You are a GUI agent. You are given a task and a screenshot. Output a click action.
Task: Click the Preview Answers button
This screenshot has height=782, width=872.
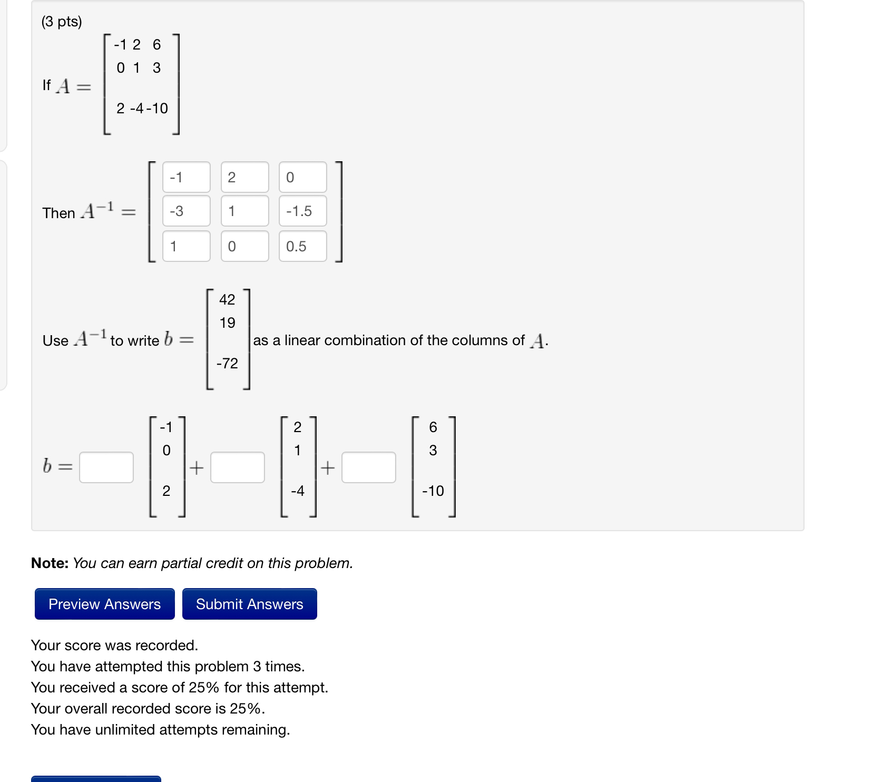tap(104, 604)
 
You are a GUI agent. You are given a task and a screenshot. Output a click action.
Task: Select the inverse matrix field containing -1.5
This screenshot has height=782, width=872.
tap(302, 211)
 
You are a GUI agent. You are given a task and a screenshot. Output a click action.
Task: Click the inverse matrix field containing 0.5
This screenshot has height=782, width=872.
tap(302, 246)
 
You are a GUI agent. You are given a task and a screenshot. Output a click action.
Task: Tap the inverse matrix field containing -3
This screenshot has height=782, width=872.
tap(186, 211)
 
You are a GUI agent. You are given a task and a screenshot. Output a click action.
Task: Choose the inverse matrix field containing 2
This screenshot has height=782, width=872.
tap(244, 178)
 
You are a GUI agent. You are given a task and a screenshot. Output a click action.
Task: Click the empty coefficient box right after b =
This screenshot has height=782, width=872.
tap(106, 467)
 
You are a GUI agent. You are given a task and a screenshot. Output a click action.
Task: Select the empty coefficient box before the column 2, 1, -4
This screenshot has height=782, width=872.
tap(238, 467)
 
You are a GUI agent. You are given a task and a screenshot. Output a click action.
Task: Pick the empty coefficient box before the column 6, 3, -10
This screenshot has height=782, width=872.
tap(369, 467)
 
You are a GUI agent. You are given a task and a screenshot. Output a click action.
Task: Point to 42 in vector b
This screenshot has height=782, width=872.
tap(227, 300)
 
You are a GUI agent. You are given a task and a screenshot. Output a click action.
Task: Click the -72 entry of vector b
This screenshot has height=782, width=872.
tap(227, 364)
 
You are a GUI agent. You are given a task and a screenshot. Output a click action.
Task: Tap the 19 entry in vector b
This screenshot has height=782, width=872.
tap(227, 323)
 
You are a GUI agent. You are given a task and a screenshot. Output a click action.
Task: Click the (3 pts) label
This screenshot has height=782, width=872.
tap(62, 22)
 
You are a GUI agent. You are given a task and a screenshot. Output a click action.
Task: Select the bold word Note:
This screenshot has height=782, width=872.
tap(50, 563)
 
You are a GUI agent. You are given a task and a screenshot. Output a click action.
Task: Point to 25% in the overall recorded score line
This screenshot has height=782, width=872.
tap(245, 709)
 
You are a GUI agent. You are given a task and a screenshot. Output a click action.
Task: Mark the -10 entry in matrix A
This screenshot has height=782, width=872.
tap(158, 109)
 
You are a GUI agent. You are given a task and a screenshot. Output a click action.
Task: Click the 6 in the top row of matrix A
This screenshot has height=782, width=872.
tap(156, 45)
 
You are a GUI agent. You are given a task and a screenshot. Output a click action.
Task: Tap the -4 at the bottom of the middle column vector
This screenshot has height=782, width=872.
tap(298, 491)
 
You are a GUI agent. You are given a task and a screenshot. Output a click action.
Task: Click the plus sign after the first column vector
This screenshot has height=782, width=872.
tap(197, 468)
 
